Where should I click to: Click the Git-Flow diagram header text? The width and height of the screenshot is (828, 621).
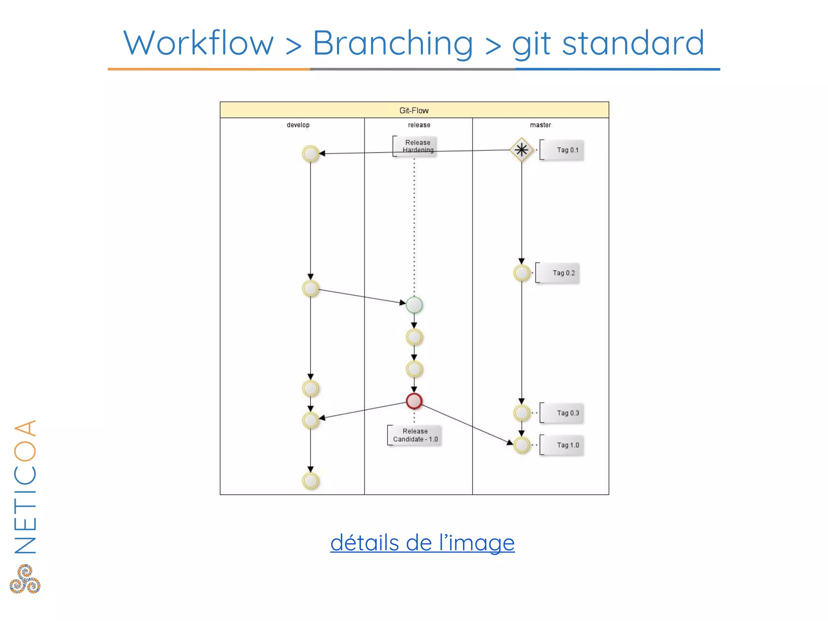pyautogui.click(x=414, y=110)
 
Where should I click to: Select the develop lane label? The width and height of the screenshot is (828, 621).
pyautogui.click(x=298, y=125)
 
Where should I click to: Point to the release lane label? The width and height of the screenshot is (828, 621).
pyautogui.click(x=419, y=125)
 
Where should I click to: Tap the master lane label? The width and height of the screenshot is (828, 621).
pyautogui.click(x=540, y=125)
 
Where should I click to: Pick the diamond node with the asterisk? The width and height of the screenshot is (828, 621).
pyautogui.click(x=522, y=150)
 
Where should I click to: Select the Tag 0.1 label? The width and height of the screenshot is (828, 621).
pyautogui.click(x=567, y=150)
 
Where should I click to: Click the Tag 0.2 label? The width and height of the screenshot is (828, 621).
pyautogui.click(x=563, y=273)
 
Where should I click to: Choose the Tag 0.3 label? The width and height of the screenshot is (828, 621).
pyautogui.click(x=568, y=413)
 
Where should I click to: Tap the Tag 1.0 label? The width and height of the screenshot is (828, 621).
pyautogui.click(x=568, y=445)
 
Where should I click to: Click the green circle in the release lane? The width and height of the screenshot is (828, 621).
pyautogui.click(x=414, y=305)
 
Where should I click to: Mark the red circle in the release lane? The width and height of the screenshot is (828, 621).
pyautogui.click(x=414, y=401)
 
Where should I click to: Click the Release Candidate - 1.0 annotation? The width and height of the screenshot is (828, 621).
pyautogui.click(x=415, y=435)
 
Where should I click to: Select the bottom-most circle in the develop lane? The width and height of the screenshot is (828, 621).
pyautogui.click(x=310, y=481)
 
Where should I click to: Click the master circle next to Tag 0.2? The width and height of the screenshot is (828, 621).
pyautogui.click(x=522, y=273)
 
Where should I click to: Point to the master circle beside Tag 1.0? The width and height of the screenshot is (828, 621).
pyautogui.click(x=522, y=445)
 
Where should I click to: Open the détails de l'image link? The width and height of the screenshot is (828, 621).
pyautogui.click(x=422, y=543)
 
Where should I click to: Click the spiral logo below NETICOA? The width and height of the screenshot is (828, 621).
pyautogui.click(x=25, y=579)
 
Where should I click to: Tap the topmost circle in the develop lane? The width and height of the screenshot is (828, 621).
pyautogui.click(x=310, y=154)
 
